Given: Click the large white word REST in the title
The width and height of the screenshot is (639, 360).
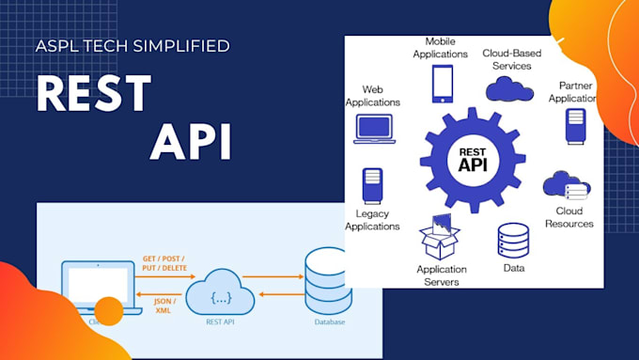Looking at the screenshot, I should [x=95, y=94].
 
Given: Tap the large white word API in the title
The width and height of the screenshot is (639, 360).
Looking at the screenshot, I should [x=191, y=140].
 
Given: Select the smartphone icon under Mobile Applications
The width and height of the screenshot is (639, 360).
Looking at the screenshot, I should [x=442, y=84].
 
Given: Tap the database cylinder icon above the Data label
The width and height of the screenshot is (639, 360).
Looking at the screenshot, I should [x=512, y=241].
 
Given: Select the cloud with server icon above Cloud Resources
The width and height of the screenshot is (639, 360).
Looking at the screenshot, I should [x=567, y=187].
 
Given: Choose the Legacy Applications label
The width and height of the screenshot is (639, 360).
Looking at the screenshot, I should [x=372, y=220].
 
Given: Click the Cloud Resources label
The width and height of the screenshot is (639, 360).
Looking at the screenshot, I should [x=569, y=217].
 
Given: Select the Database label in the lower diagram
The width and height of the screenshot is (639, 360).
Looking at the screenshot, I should [x=327, y=322].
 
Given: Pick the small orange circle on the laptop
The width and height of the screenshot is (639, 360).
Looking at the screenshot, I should [x=109, y=310].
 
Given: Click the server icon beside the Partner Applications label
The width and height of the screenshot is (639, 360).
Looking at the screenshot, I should [x=575, y=126].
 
